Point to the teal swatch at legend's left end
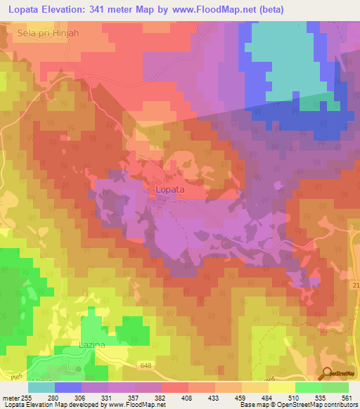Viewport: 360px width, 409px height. click(x=41, y=387)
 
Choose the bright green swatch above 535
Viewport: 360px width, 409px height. click(x=308, y=387)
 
